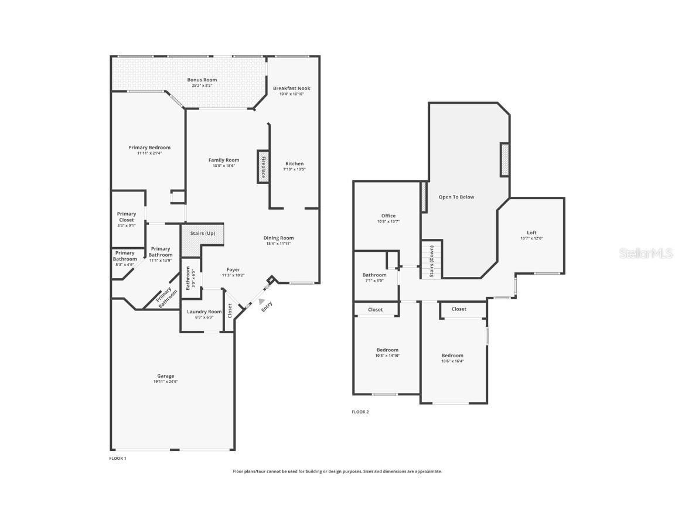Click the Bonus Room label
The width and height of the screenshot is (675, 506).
coord(202,80)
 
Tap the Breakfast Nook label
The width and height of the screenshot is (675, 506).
coord(291,88)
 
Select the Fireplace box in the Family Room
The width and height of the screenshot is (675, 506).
coord(263,167)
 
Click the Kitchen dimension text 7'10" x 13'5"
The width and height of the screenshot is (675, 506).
coord(294,169)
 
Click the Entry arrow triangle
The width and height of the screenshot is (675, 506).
coord(261,300)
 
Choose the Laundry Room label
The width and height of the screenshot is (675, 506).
coord(204,312)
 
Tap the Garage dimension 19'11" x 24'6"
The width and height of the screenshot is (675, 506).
coord(165,382)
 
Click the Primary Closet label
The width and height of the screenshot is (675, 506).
coord(126,217)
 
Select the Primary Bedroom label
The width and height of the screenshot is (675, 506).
coord(149,148)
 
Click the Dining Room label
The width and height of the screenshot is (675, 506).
coord(278,238)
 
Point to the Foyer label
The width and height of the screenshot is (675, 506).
coord(233,270)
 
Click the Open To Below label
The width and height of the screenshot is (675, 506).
coord(456,197)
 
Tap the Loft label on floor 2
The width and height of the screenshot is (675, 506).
coord(531,233)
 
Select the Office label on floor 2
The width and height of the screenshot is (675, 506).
coord(388,216)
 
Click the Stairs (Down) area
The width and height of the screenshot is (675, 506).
coord(431,261)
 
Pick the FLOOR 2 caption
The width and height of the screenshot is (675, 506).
coord(360,412)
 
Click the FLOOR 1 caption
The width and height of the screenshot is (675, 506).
coord(118,458)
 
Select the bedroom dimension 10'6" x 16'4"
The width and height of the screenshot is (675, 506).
coord(452,361)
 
